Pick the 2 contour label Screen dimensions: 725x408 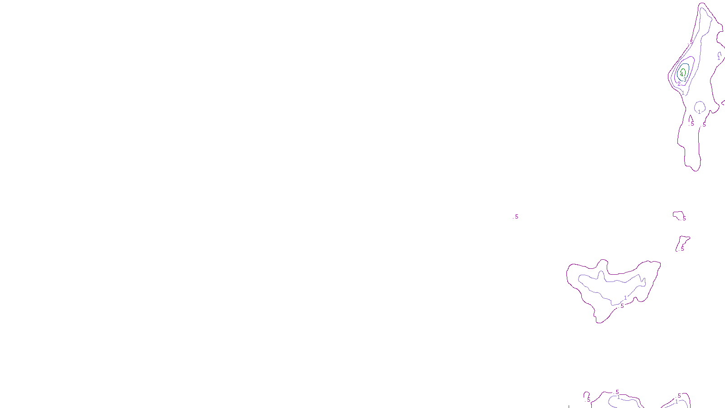tap(679, 83)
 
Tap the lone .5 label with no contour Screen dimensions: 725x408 tap(516, 217)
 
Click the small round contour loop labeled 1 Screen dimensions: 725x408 tap(700, 107)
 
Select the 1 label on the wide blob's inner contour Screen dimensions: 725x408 tap(626, 298)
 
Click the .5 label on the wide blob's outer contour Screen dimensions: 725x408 tap(622, 306)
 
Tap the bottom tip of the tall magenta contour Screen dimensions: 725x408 tap(696, 170)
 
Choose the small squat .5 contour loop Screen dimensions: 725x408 tap(679, 215)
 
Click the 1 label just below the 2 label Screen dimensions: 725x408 tap(683, 93)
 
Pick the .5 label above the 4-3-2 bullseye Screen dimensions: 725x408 tap(691, 42)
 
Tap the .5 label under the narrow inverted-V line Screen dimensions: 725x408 tap(692, 124)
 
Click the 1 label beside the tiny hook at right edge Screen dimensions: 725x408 tap(719, 58)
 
